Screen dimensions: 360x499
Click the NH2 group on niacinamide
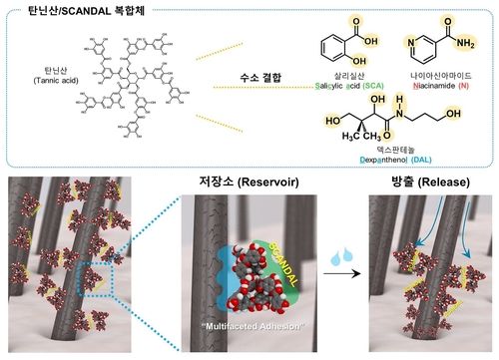(x=463, y=45)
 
